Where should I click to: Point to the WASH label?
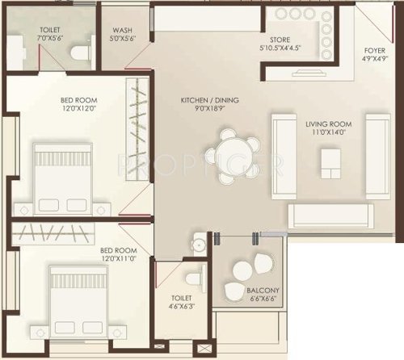[123, 30]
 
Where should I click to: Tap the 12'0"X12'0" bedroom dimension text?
[78, 111]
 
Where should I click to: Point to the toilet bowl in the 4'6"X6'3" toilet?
[192, 278]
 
